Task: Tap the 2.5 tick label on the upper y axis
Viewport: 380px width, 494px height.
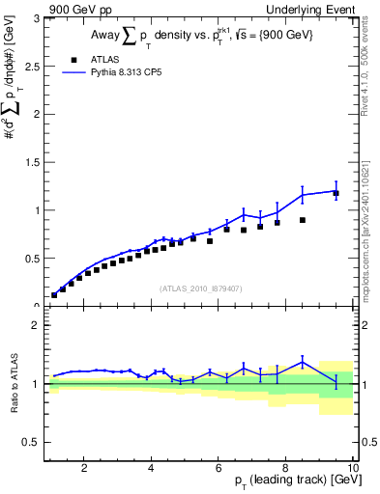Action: [x=34, y=66]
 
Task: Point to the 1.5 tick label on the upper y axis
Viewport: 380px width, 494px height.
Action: [x=34, y=162]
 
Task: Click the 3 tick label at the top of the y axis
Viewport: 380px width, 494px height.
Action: [x=38, y=17]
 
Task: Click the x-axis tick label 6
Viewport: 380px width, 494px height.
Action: [x=219, y=468]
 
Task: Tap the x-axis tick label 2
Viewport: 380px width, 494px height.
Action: [x=84, y=468]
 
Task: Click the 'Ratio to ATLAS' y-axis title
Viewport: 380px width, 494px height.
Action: [x=13, y=384]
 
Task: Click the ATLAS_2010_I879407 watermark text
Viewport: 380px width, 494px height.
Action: [x=201, y=288]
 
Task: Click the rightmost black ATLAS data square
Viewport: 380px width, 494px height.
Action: [x=336, y=194]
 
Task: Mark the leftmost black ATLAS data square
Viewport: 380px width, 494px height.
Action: [x=54, y=295]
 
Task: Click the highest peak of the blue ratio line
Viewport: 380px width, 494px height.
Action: [x=303, y=363]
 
